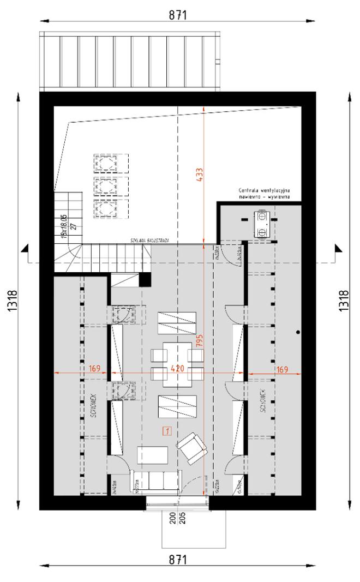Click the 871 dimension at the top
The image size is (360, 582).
(177, 15)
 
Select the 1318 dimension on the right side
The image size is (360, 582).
(343, 299)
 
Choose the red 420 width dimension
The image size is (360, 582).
(178, 369)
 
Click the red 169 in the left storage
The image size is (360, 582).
(94, 369)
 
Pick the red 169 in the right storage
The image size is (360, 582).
(281, 369)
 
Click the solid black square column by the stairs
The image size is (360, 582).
(145, 279)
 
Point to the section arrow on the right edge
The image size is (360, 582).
(337, 251)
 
